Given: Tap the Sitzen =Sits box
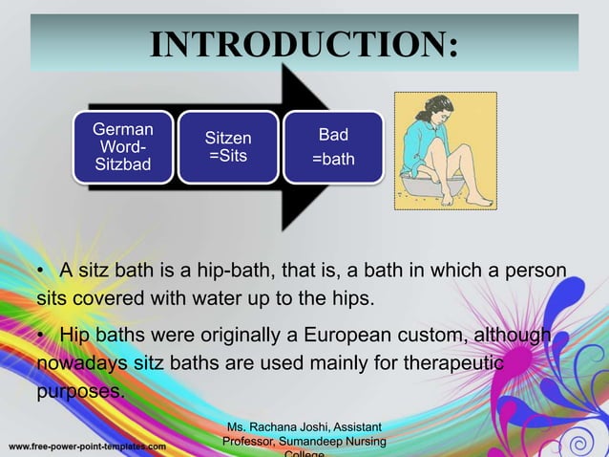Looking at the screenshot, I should (229, 147).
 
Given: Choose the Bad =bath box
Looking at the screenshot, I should (333, 147).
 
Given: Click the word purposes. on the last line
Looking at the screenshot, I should (82, 393).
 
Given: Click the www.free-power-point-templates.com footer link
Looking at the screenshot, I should (88, 446).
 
